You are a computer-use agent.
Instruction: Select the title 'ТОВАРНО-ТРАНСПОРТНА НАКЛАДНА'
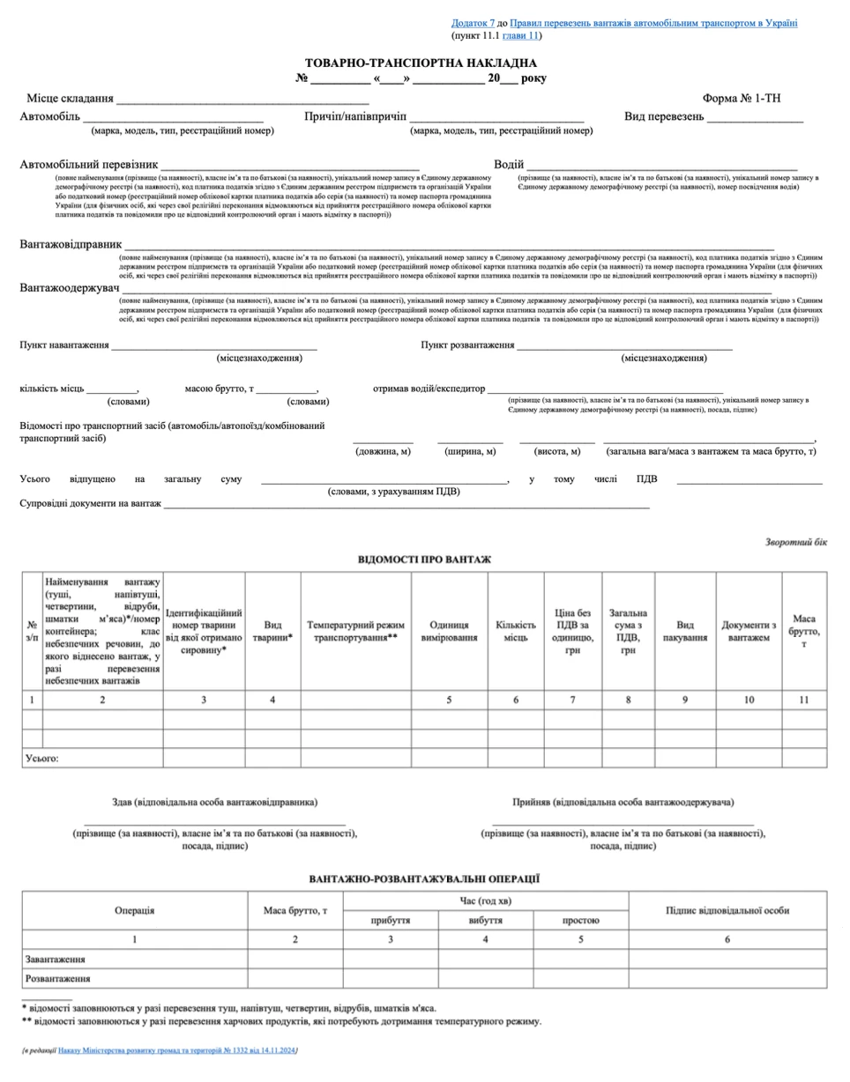coord(421,63)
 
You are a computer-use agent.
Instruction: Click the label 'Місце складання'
coord(70,99)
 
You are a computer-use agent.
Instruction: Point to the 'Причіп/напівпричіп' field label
coord(354,116)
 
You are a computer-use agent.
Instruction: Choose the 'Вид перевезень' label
coord(664,116)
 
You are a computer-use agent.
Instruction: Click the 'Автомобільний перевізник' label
coord(89,165)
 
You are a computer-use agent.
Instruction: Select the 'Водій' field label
coord(509,165)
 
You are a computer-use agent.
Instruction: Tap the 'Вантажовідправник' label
coord(71,244)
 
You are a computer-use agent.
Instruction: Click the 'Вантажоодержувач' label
coord(70,288)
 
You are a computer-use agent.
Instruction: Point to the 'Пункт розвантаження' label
coord(467,345)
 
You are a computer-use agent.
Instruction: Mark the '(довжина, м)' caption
coord(383,452)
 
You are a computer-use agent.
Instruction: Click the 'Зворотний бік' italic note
coord(796,543)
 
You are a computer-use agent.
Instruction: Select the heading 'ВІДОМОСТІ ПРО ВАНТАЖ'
coord(424,560)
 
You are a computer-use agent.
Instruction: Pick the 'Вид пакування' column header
coord(685,631)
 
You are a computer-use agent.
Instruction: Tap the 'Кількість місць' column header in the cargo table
coord(516,631)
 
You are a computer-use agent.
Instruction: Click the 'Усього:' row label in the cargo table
coord(42,758)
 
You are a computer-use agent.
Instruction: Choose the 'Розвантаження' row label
coord(58,978)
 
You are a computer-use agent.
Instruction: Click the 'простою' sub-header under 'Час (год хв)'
coord(580,920)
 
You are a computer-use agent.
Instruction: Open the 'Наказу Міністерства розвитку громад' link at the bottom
coord(178,1050)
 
